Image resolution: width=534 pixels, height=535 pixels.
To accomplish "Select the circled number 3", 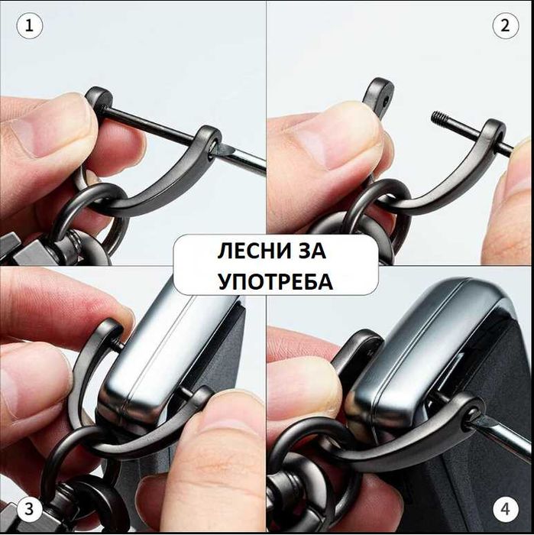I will (x=30, y=507).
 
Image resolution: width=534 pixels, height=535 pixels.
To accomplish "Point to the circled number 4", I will (x=503, y=507).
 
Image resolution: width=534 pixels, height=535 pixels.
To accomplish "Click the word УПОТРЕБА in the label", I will (x=275, y=281).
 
